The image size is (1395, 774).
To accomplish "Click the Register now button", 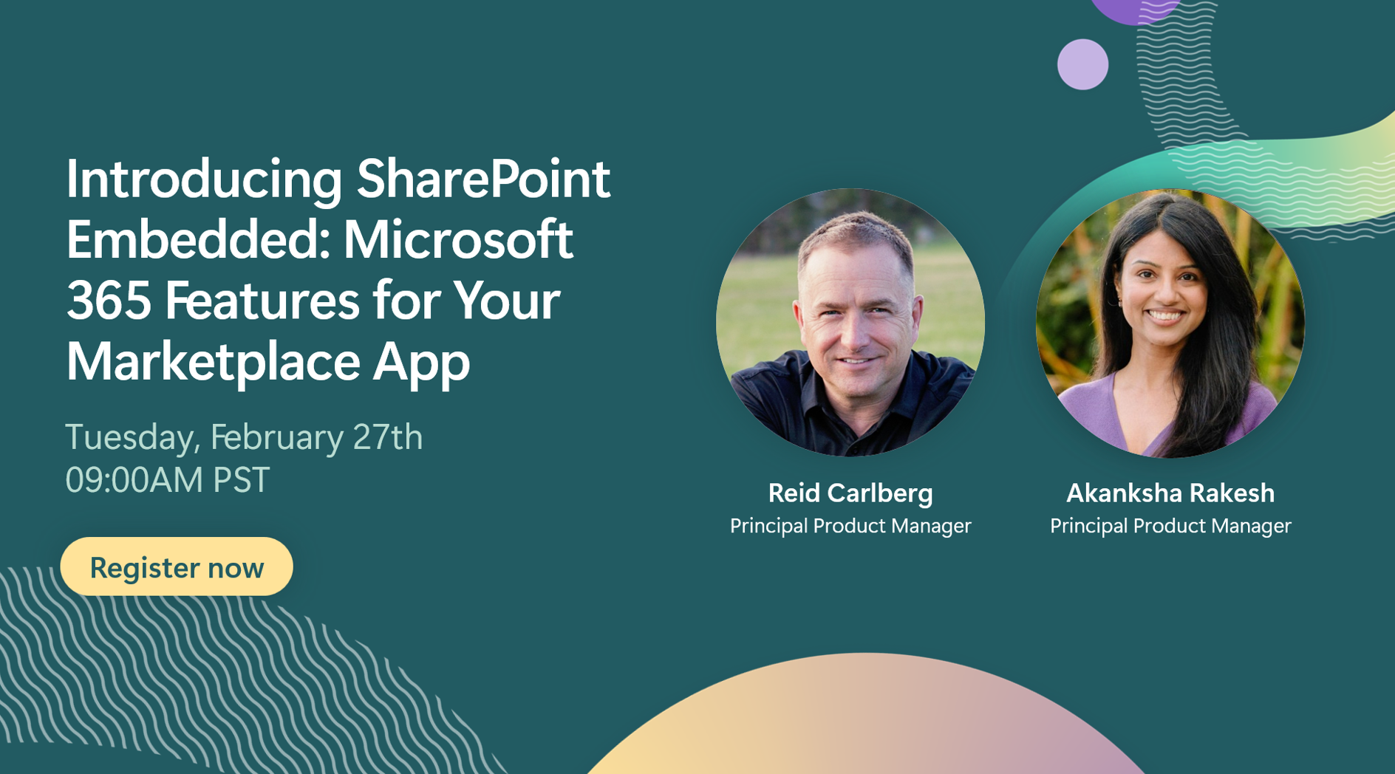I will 177,567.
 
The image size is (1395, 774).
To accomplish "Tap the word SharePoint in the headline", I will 483,179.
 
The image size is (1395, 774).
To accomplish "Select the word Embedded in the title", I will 191,241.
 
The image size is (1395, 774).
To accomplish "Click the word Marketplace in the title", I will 213,362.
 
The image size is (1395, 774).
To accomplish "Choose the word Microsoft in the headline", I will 458,241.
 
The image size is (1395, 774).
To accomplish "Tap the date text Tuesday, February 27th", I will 244,437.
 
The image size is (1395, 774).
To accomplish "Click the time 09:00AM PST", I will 168,480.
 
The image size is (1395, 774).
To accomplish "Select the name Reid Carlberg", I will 850,493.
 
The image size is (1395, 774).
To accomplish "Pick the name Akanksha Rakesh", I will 1170,493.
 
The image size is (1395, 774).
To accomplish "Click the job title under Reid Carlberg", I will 850,526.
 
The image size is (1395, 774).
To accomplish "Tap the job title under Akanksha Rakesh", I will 1170,526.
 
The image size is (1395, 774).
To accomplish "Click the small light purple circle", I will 1082,64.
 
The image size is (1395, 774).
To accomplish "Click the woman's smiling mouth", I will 1164,316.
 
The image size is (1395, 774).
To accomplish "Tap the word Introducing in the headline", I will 204,179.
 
